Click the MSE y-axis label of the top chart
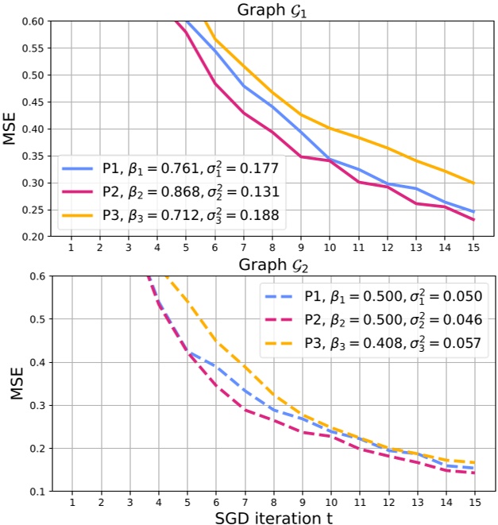tap(10, 129)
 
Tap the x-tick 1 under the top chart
tap(71, 247)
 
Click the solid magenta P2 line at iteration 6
tap(215, 83)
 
